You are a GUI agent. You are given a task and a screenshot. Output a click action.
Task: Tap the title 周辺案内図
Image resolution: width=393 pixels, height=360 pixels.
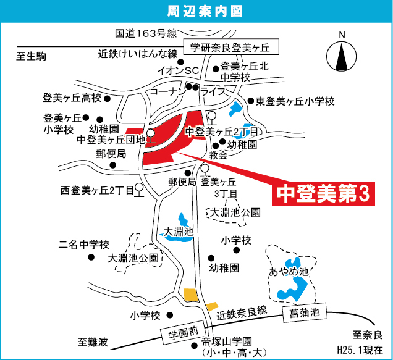coord(196,10)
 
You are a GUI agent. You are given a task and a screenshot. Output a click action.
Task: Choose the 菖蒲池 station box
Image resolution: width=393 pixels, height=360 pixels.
coord(303,313)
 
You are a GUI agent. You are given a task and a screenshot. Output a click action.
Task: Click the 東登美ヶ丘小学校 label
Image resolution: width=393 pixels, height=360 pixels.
coord(295,101)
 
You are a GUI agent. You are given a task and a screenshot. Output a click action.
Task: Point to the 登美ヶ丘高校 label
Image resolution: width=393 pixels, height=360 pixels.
coord(72,98)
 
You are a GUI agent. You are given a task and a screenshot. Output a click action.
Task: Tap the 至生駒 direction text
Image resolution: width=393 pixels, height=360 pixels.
coord(31,57)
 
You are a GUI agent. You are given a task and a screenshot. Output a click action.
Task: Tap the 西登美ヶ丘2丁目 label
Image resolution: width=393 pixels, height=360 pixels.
coord(96,191)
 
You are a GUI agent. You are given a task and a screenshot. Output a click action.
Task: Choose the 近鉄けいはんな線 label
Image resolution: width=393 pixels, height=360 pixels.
coord(138,53)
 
